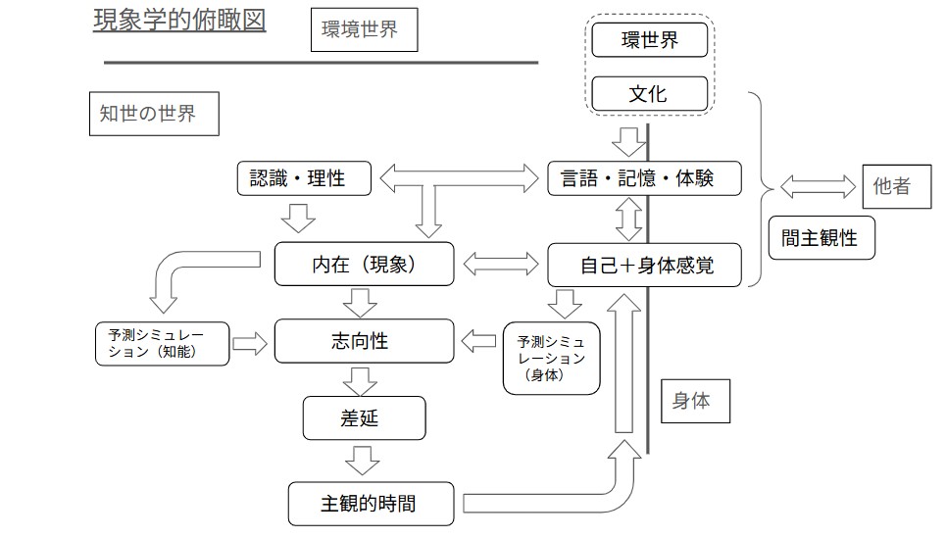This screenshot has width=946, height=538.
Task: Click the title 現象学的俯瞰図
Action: click(179, 20)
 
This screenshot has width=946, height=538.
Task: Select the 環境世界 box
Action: click(365, 29)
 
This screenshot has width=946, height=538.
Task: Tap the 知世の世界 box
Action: click(154, 114)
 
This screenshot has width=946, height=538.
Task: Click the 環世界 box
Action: click(650, 40)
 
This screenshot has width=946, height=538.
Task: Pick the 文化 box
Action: click(650, 93)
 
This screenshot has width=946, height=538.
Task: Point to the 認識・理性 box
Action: click(304, 178)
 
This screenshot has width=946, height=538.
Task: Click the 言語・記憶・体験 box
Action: click(644, 178)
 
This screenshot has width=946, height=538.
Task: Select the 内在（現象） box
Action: click(365, 265)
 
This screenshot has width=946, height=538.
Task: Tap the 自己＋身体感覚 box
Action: click(644, 265)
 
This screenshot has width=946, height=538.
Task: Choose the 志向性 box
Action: click(365, 341)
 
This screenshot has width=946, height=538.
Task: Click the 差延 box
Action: click(365, 418)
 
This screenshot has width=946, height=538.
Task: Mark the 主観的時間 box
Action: click(371, 504)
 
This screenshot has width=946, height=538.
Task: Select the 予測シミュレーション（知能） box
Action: click(163, 344)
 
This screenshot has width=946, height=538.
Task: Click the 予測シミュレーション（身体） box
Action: click(552, 359)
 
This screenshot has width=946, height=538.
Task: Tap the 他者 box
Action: click(897, 186)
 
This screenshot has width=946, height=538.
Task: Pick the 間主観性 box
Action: click(822, 237)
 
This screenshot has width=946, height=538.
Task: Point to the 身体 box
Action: click(696, 401)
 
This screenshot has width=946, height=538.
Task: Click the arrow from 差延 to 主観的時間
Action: click(362, 461)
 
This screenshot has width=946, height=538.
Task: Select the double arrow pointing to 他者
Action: click(818, 186)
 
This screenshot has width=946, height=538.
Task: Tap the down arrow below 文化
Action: click(628, 142)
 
